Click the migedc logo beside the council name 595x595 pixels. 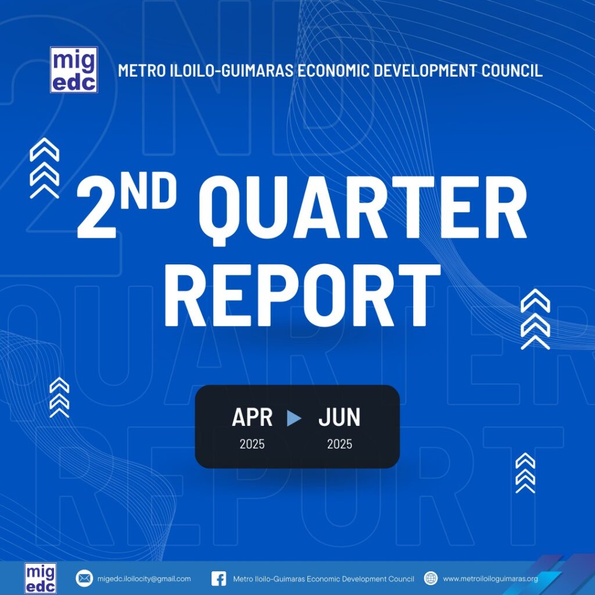coord(74,70)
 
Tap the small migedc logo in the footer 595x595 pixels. coord(41,578)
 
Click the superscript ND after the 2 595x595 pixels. coord(149,193)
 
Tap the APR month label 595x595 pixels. coord(252,417)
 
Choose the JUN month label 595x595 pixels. coord(339,417)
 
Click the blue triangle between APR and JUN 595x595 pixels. coord(294,418)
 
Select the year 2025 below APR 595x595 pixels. coord(252,444)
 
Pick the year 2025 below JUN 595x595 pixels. coord(339,444)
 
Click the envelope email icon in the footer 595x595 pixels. coord(84,578)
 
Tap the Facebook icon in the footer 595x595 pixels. coord(218,579)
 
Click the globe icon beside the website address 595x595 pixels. coord(431,578)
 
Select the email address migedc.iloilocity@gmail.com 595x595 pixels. coord(144,579)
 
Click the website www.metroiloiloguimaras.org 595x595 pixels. coord(490,579)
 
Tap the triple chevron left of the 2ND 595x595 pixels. coord(44,168)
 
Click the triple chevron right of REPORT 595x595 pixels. coord(535,319)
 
